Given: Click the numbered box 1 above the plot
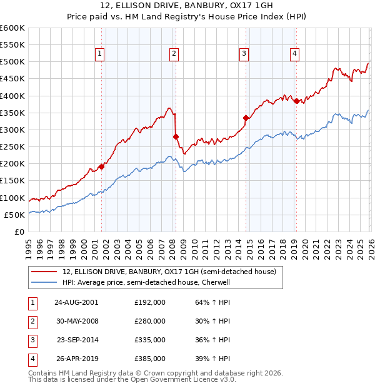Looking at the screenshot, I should (100, 54).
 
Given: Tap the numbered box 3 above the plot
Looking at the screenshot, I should (244, 54).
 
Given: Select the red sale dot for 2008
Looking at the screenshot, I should (176, 136).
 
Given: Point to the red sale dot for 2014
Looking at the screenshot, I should (246, 118).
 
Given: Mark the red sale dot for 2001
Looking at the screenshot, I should (101, 167).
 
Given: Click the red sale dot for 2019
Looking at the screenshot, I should (296, 101).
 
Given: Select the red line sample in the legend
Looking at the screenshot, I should (44, 272).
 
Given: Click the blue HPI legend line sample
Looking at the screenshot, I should (44, 282).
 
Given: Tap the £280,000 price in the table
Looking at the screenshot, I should (149, 321).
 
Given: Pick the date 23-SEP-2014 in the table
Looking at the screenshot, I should (78, 340).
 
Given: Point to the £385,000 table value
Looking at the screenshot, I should (149, 359).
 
